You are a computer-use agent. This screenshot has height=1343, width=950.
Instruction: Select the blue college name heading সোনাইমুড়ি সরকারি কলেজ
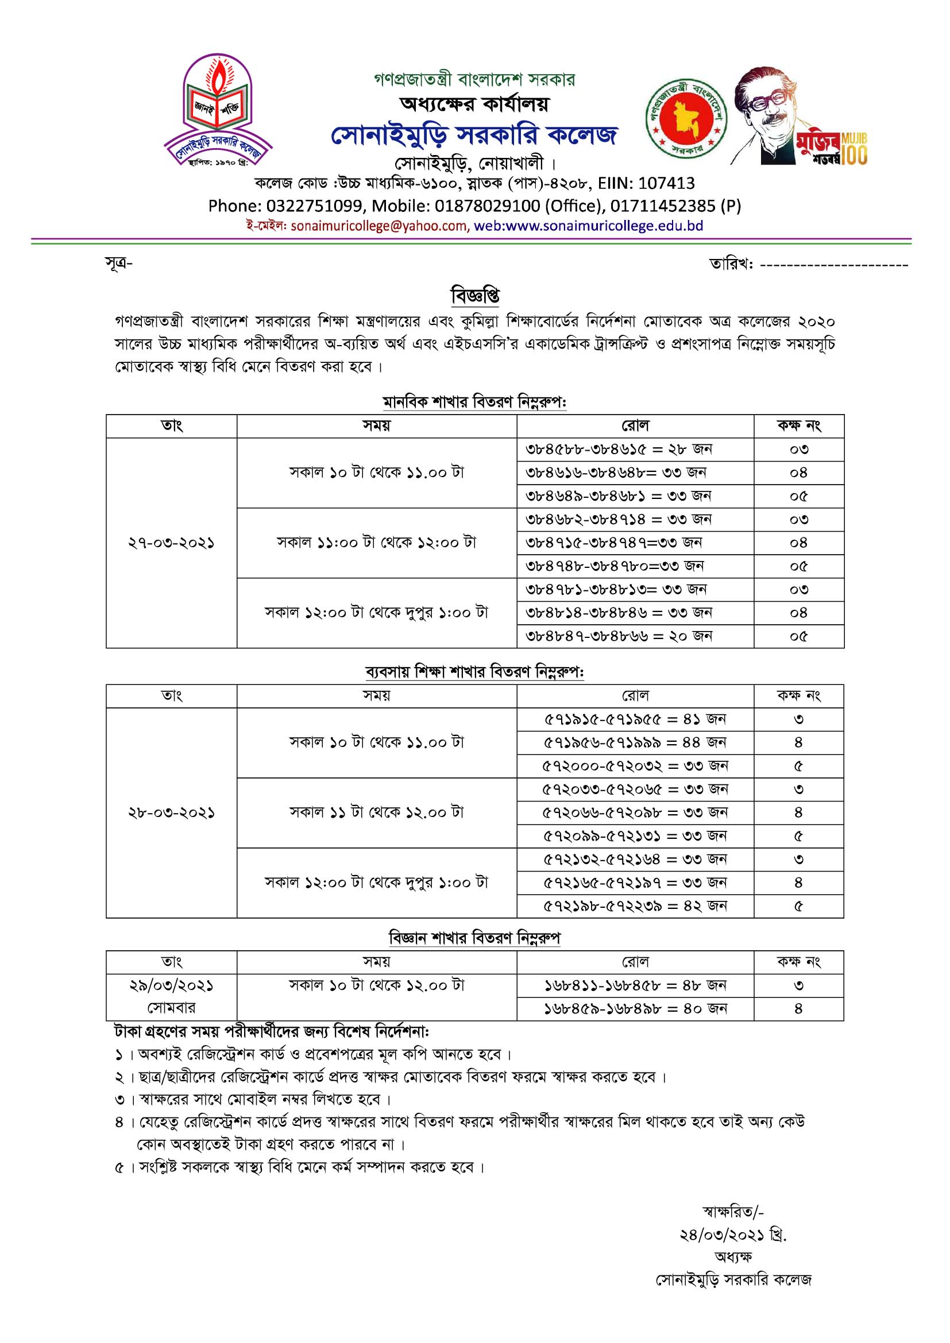tap(474, 135)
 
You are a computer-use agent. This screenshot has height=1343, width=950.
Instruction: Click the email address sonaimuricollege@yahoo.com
tap(379, 226)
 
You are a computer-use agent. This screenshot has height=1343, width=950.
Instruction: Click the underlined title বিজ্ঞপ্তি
tap(474, 295)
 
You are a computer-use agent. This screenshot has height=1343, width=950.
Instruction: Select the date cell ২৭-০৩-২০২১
tap(171, 543)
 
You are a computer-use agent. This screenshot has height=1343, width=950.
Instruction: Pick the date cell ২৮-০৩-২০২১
tap(171, 813)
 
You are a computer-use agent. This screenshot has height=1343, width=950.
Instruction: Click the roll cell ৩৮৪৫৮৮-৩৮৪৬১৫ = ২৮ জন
tap(619, 450)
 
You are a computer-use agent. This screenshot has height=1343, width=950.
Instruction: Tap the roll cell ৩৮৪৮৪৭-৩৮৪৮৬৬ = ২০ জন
tap(619, 636)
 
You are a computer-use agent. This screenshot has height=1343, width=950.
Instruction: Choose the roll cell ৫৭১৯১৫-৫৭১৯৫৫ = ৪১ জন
tap(635, 719)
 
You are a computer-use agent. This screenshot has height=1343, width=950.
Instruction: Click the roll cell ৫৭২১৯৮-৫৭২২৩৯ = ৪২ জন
tap(635, 906)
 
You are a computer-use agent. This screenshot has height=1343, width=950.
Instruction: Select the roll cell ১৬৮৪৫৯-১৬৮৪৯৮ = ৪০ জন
tap(635, 1008)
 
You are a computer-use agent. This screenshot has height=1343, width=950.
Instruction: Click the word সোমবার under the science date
tap(171, 1008)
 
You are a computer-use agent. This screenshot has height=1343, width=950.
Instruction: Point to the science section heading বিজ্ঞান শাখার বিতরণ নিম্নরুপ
tap(474, 938)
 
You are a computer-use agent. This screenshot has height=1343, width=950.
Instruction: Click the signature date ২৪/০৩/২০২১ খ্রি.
tap(732, 1235)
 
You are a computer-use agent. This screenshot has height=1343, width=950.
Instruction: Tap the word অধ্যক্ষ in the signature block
tap(733, 1256)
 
